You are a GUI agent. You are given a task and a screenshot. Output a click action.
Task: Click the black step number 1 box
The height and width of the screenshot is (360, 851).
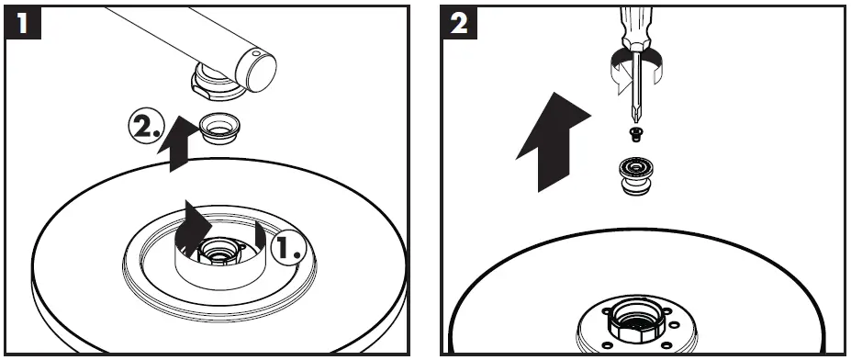[x=22, y=22]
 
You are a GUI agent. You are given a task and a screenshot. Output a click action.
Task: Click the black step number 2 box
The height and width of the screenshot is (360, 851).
[x=459, y=22]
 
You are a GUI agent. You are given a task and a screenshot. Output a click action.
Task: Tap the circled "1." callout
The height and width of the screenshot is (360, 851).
[x=288, y=247]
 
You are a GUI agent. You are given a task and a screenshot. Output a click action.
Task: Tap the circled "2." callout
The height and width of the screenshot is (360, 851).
[x=147, y=128]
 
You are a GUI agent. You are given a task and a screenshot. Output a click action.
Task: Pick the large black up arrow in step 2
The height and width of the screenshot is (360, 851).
[x=553, y=142]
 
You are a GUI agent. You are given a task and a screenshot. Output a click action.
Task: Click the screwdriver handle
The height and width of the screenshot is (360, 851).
[x=636, y=28]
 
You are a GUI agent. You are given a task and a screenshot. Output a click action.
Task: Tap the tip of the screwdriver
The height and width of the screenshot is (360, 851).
[x=635, y=120]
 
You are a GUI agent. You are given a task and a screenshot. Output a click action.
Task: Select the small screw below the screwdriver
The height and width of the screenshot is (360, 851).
[x=634, y=133]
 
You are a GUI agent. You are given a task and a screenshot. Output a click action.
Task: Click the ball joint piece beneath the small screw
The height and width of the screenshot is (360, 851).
[x=635, y=176]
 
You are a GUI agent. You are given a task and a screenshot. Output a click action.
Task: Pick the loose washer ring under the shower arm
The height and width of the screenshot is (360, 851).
[x=218, y=129]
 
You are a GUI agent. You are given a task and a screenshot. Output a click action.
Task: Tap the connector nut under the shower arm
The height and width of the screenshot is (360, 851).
[x=217, y=82]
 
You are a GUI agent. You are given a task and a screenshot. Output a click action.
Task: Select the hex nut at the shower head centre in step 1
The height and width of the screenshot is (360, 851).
[x=219, y=251]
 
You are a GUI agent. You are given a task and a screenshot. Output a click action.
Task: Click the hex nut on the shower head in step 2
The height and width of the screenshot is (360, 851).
[x=636, y=321]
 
